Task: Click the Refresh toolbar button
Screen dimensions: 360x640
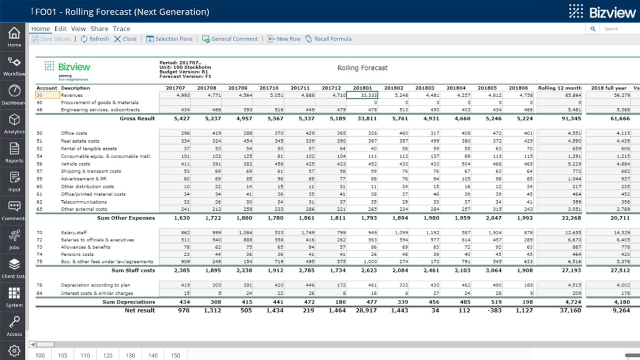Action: pos(94,39)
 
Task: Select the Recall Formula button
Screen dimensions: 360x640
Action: pos(328,39)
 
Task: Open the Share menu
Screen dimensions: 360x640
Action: pos(99,28)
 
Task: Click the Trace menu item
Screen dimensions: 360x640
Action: pos(121,28)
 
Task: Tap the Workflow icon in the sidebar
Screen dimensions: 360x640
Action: pos(14,65)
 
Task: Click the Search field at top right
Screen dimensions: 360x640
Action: pos(617,29)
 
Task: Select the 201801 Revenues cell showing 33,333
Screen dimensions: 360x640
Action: pos(362,95)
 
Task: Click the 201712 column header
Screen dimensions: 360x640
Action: pos(331,88)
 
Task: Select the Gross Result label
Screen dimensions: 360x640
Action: pos(137,118)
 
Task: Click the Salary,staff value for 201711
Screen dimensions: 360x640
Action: pos(300,232)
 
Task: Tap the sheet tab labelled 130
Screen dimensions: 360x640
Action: pos(130,355)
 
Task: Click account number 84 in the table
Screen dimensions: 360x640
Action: pos(39,293)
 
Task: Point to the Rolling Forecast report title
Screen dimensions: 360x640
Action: pos(362,68)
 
